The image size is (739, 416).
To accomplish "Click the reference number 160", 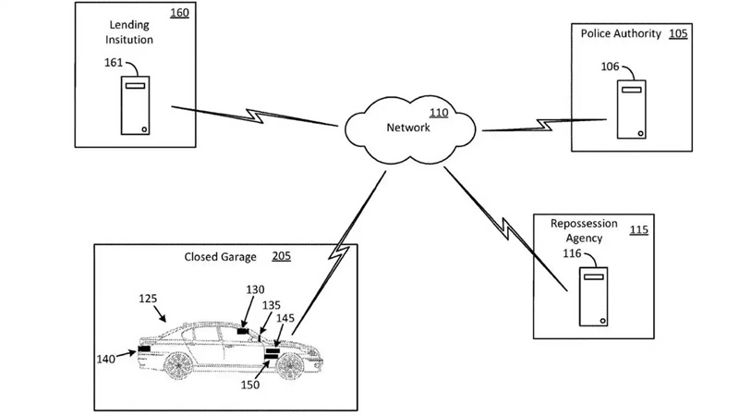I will [x=180, y=14].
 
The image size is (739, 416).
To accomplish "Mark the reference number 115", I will [x=638, y=229].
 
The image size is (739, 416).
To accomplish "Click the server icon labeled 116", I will [x=592, y=296].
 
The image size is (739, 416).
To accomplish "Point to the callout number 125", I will [x=149, y=300].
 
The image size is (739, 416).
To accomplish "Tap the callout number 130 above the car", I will [x=256, y=289].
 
